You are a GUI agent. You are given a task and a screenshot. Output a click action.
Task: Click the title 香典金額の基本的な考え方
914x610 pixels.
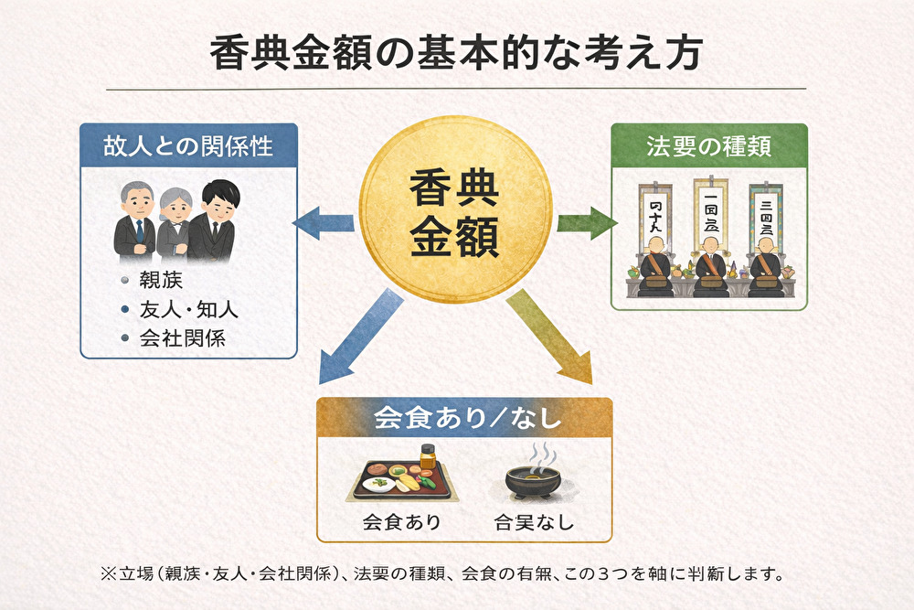pos(456,53)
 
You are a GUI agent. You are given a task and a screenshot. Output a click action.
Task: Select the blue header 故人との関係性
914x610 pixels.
pos(189,144)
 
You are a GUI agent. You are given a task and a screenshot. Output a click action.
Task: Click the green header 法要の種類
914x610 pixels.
pos(709,144)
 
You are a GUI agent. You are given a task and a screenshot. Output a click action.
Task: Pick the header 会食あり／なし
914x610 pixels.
pos(464,420)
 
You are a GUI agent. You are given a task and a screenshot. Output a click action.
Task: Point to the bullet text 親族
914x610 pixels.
pos(155,279)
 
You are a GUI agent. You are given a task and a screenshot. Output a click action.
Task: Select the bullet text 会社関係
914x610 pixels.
pos(183,338)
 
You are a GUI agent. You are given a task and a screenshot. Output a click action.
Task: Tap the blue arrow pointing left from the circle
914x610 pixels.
pos(323,222)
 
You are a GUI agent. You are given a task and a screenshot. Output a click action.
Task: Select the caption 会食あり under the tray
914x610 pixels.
pos(401,523)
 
